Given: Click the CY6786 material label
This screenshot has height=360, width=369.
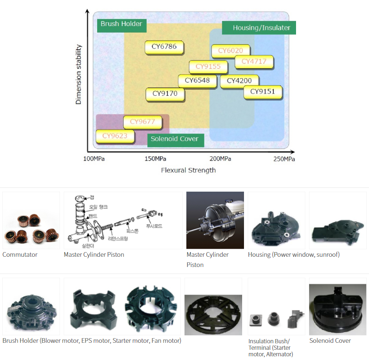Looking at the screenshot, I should point(164,47).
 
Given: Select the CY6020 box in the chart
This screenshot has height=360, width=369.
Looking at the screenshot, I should point(231,51).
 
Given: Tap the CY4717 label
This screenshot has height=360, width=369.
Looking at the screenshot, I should point(254,61).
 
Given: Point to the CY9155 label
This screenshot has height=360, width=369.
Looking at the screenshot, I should point(208,67).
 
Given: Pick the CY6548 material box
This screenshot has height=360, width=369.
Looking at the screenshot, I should point(197,80).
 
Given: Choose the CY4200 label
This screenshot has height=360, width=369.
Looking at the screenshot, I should point(239,81).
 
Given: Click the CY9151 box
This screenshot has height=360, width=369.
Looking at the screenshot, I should point(263,92).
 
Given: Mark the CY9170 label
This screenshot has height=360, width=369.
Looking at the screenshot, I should point(165,94).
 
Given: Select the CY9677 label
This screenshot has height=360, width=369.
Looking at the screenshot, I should point(142,122).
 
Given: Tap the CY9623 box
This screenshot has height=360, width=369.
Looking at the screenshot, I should point(115,136).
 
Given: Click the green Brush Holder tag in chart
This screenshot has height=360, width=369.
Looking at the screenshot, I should point(121,24).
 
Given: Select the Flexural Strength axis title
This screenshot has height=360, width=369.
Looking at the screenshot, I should point(188,170).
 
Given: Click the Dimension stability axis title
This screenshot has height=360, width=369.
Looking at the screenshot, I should point(79,74).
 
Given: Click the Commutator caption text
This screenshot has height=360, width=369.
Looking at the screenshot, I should point(20,254).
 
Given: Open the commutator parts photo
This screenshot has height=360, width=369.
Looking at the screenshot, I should point(31,220).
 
